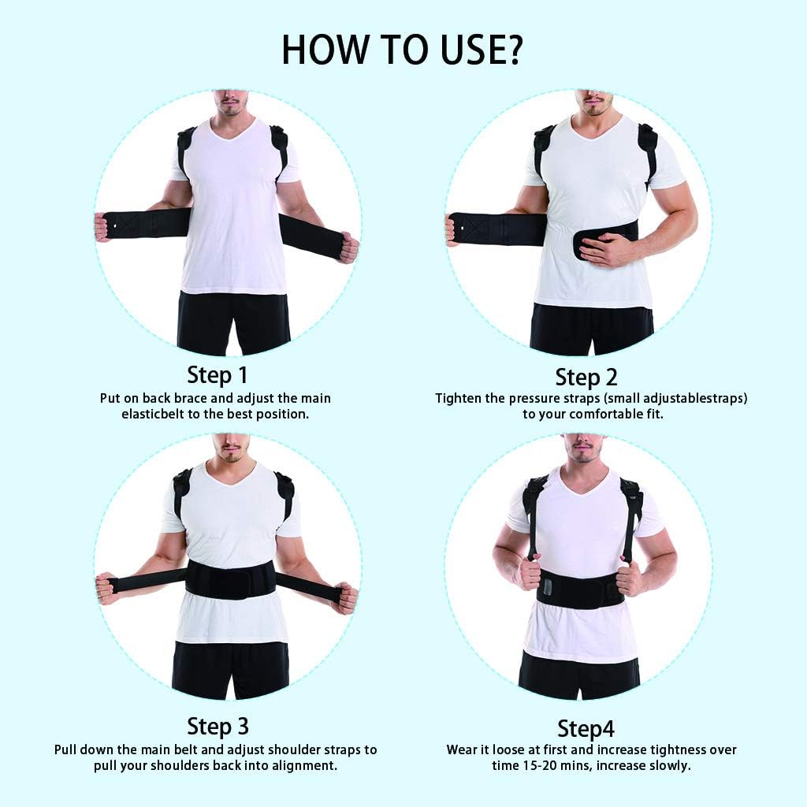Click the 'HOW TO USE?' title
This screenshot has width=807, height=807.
(403, 49)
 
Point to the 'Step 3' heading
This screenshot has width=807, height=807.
(218, 725)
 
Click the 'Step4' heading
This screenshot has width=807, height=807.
(586, 727)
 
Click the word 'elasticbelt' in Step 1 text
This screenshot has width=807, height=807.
(154, 414)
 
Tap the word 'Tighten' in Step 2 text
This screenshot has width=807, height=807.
(459, 398)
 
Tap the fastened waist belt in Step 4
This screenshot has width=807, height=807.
(581, 590)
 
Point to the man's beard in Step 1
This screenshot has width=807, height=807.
(229, 110)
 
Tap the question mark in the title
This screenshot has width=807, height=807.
(511, 49)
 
